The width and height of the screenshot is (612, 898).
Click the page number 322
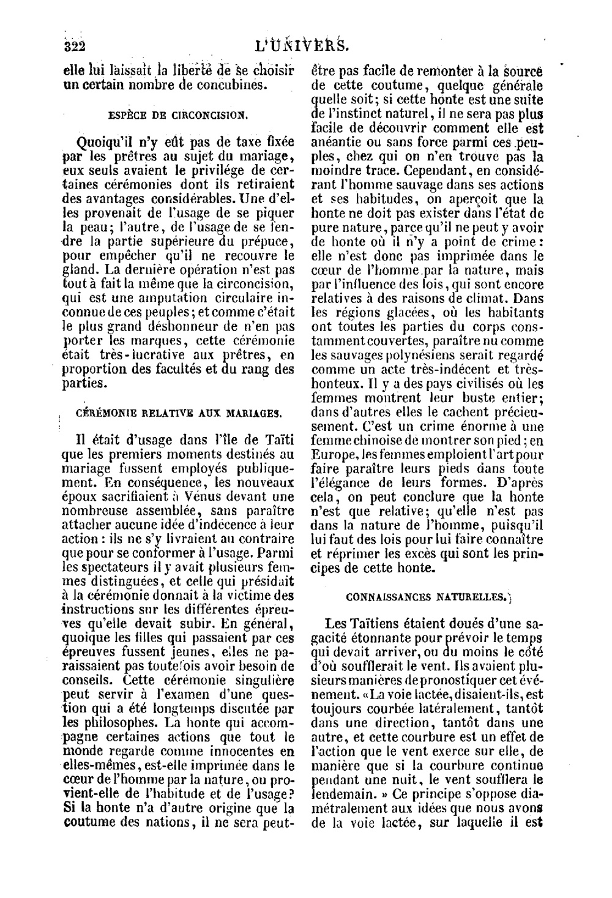click(77, 45)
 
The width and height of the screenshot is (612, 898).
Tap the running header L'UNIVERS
click(303, 45)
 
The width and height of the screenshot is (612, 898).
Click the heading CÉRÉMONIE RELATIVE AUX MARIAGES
click(179, 413)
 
